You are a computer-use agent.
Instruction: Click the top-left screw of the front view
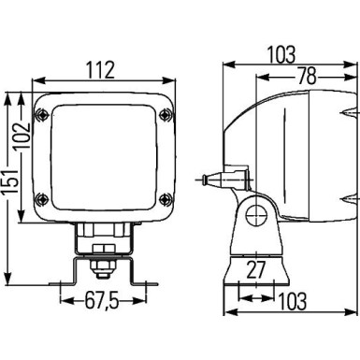pyautogui.click(x=43, y=115)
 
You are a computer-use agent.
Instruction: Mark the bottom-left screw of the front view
pyautogui.click(x=43, y=197)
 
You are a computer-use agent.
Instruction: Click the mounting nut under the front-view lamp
pyautogui.click(x=100, y=269)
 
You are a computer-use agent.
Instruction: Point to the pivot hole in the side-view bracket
pyautogui.click(x=251, y=220)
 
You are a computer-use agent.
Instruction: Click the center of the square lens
pyautogui.click(x=104, y=157)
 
